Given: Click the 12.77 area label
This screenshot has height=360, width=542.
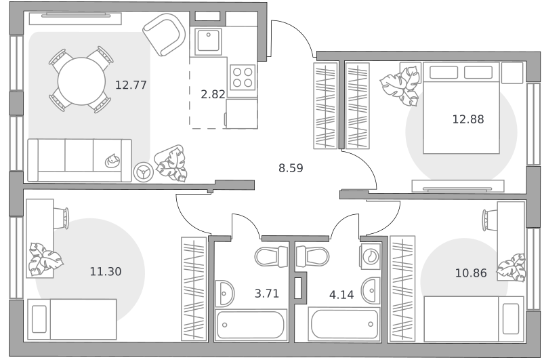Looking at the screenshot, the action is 131,85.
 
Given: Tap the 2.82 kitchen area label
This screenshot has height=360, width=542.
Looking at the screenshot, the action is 213,94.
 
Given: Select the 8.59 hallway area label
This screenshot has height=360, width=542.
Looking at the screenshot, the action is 291,168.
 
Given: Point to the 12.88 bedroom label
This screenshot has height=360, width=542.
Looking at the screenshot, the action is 468,119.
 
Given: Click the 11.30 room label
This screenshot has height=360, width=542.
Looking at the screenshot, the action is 106,271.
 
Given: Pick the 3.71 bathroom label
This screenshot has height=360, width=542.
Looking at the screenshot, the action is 266,294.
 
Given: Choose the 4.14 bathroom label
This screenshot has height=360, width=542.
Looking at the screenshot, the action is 341,295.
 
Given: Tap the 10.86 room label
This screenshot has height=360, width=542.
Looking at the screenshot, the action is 471,273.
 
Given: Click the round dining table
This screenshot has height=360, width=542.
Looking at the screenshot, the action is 81,81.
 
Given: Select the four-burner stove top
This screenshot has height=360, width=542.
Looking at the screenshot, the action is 243,77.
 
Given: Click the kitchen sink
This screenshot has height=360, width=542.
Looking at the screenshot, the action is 208,42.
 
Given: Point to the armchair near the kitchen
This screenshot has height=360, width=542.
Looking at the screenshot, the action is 165,35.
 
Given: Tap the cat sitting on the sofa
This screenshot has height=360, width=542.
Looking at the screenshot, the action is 112,161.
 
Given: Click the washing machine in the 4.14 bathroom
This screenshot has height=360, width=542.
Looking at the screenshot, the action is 370,256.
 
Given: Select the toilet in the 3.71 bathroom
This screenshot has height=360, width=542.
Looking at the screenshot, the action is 272,256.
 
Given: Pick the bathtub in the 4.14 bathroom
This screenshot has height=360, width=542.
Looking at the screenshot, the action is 345,324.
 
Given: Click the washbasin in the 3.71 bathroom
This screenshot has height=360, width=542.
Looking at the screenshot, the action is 224,294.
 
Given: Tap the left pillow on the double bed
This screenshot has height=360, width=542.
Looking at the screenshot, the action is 444,73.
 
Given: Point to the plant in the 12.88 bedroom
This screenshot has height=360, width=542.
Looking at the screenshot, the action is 401,85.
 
